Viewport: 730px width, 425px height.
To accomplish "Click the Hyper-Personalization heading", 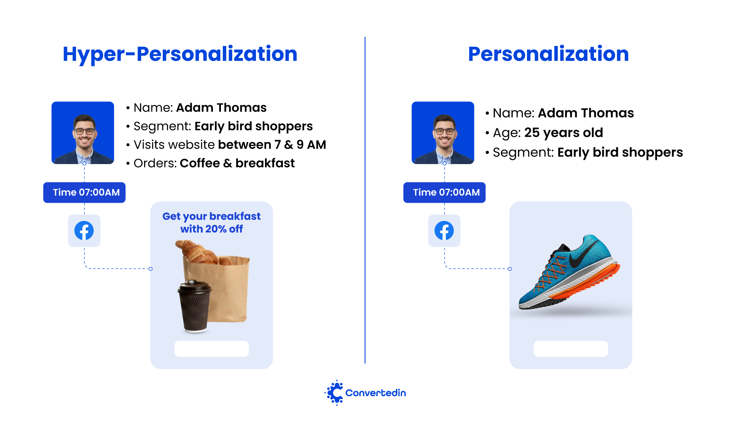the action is coord(180,54).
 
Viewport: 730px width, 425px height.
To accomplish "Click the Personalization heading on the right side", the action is coord(548,54).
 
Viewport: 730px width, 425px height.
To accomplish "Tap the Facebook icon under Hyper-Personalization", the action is coord(84,231).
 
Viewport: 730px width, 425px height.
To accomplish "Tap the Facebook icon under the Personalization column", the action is coord(444,231).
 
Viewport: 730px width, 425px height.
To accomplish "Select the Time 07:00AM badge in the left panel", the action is coord(84,193).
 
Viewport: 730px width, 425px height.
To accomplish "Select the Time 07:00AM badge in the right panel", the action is coord(444,193).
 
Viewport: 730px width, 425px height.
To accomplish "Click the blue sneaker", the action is coord(569,272).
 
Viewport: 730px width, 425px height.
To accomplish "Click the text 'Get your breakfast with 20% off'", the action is coord(211,223).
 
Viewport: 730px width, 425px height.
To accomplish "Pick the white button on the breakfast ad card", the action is coord(211,349).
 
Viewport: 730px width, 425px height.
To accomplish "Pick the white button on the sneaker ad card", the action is coord(571,349).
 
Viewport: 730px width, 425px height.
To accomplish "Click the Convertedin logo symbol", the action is coord(334,393).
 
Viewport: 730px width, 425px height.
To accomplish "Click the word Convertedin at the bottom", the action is coord(376,393).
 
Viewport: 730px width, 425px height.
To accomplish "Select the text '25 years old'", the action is coord(563,133).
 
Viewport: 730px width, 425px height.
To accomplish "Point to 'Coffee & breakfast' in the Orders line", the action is coord(237,163).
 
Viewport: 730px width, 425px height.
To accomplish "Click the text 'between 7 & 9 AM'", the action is coord(272,145).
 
